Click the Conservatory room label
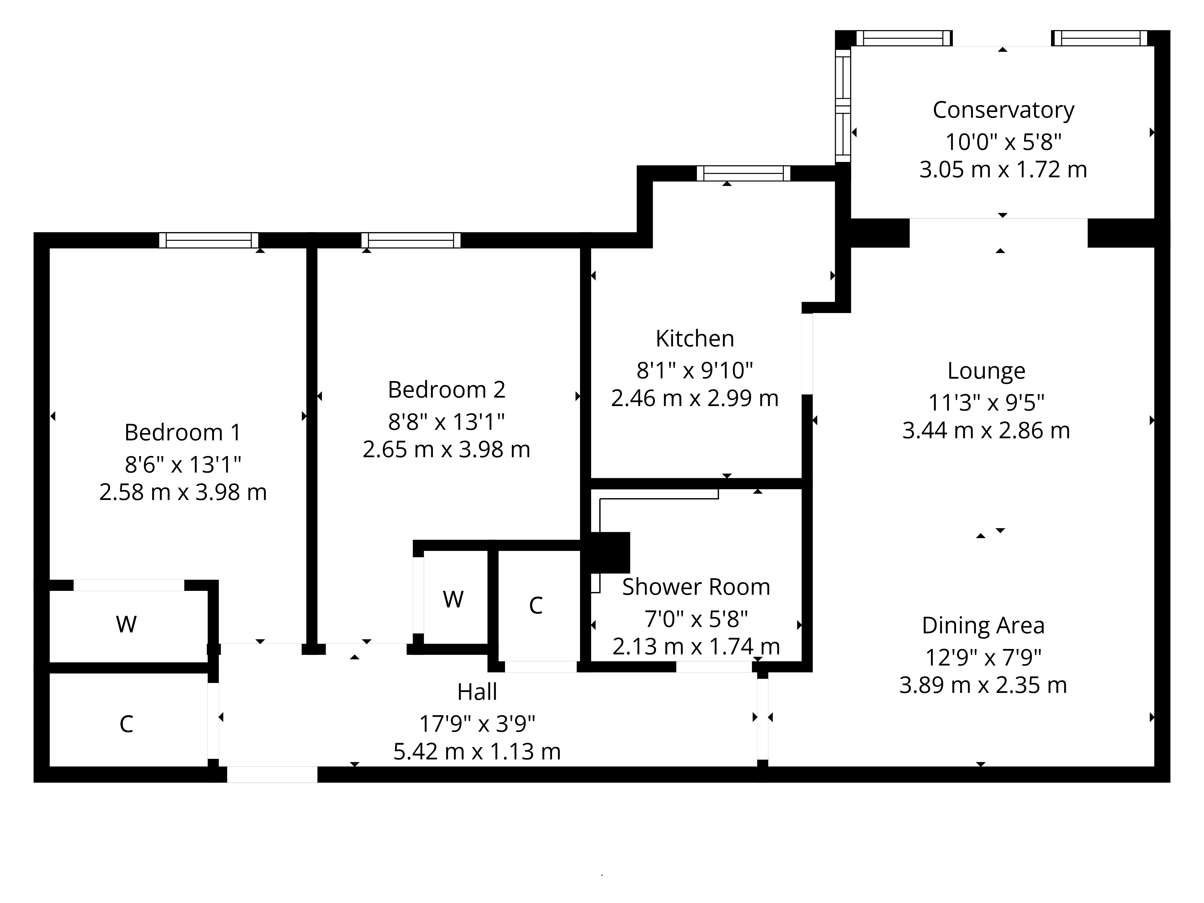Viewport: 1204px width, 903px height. [x=1003, y=110]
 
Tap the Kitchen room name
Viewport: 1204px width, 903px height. [x=694, y=339]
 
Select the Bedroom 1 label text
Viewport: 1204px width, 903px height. [x=182, y=433]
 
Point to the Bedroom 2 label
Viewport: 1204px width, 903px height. [x=446, y=390]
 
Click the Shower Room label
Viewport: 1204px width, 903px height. [x=696, y=587]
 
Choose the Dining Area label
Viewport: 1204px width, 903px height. [x=983, y=625]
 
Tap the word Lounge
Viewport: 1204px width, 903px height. [x=986, y=371]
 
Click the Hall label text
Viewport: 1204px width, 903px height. [x=477, y=692]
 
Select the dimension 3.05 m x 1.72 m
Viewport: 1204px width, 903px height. [x=1003, y=170]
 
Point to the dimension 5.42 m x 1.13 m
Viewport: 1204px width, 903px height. [x=477, y=752]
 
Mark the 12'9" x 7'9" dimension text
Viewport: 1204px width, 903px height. [x=983, y=657]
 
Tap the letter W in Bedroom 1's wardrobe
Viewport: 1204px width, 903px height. [x=126, y=624]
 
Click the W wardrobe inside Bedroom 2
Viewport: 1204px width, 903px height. [x=453, y=599]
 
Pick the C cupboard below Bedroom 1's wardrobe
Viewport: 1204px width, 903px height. [x=126, y=724]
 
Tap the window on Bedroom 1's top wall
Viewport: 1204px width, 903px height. [x=209, y=240]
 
